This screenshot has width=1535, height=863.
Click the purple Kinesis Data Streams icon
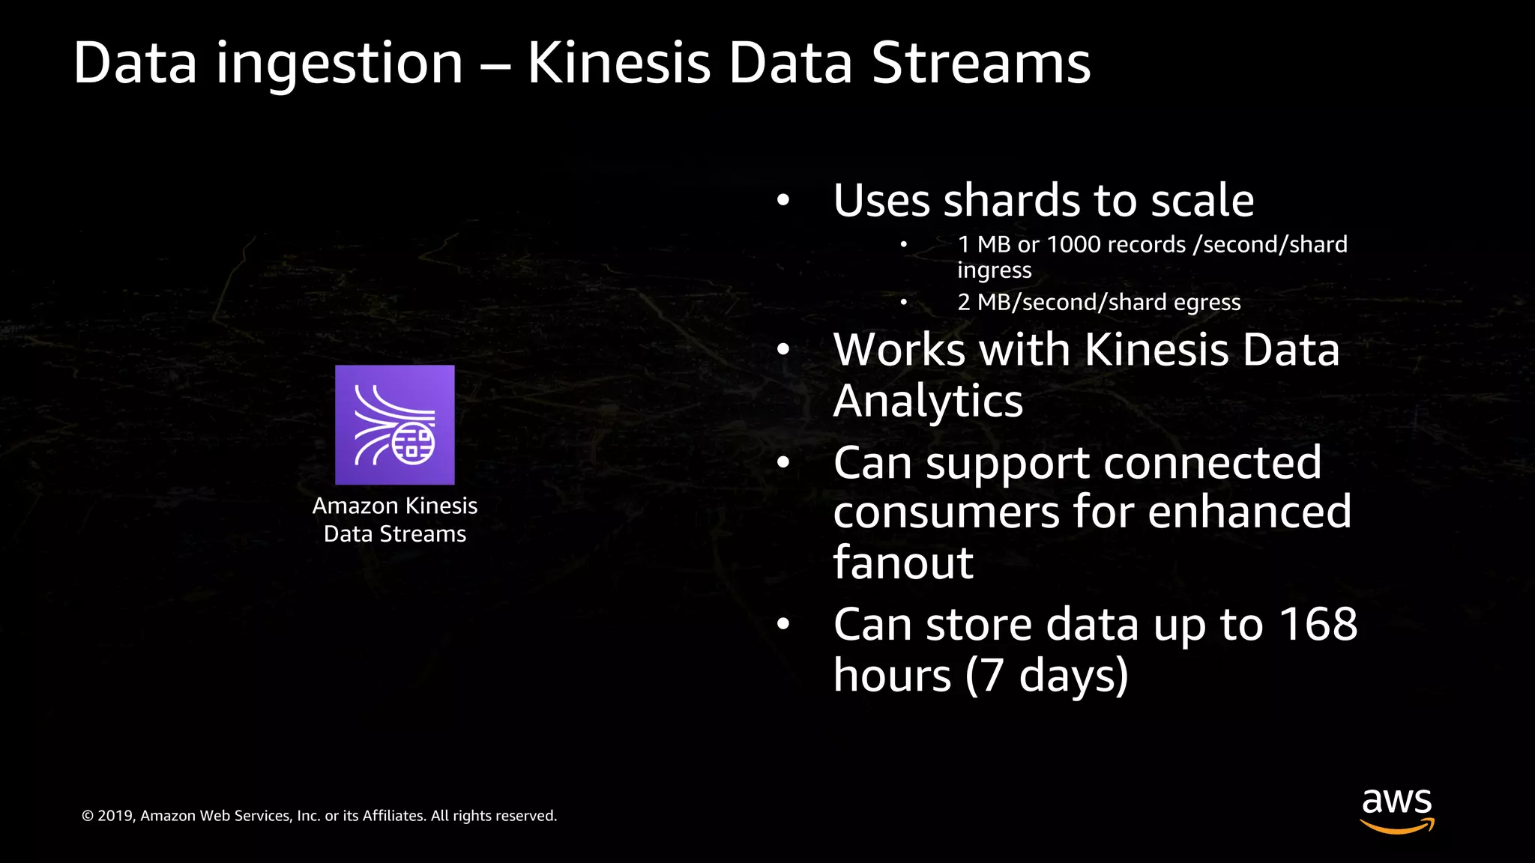coord(394,425)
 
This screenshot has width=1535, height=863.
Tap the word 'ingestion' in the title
coord(340,64)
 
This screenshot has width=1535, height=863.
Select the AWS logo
coord(1396,810)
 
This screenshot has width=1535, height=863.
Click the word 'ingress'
coord(994,270)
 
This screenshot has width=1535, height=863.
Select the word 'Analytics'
coord(928,401)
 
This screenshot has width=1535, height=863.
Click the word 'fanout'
coord(903,563)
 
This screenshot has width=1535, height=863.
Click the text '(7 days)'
coord(1046,675)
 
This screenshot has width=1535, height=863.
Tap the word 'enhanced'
coord(1249,512)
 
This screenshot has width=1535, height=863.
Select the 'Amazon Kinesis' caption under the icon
coord(394,506)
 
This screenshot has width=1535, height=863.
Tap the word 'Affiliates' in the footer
coord(393,816)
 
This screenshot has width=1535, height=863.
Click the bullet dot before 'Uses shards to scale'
coord(783,201)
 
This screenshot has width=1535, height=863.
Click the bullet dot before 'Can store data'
coord(783,624)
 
